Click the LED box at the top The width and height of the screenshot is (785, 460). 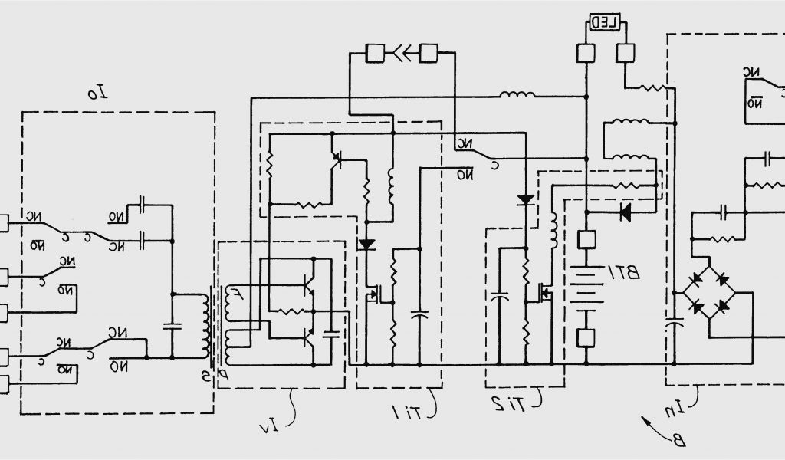coord(605,23)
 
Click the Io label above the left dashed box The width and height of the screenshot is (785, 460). coord(97,94)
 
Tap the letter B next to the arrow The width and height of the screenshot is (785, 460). coord(679,440)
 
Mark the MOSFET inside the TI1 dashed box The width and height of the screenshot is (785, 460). coord(375,294)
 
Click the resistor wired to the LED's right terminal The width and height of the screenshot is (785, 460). coord(652,87)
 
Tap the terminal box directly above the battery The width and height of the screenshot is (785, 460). coord(586,239)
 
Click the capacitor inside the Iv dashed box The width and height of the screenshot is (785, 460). coord(332,332)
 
